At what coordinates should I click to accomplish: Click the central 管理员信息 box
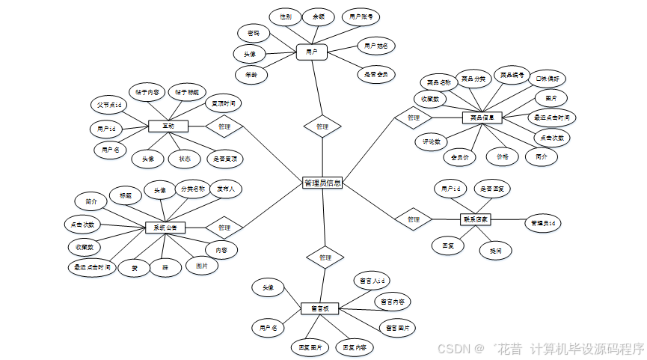tap(322, 183)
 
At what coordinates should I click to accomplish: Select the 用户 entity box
tap(312, 52)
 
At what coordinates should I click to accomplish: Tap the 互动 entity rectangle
tap(168, 126)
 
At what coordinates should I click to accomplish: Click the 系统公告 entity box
tap(165, 228)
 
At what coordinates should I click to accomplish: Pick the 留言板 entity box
tap(320, 308)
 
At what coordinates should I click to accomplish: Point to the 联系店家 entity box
tap(475, 219)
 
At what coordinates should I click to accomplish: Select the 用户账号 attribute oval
tap(360, 16)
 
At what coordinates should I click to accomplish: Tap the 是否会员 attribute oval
tap(376, 74)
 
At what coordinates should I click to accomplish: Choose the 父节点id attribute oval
tap(109, 105)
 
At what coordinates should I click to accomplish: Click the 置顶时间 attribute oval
tap(222, 104)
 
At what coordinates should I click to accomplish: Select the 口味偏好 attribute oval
tap(549, 78)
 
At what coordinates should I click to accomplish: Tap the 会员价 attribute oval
tap(460, 157)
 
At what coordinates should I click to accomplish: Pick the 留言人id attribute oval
tap(372, 281)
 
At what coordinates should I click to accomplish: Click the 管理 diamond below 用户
tap(322, 126)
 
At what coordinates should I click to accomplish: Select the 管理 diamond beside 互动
tap(224, 126)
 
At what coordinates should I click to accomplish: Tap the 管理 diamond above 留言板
tap(325, 257)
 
